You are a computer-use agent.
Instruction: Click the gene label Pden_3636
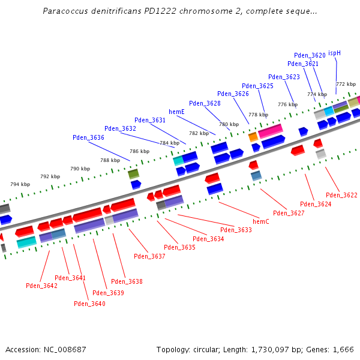[x=88, y=137]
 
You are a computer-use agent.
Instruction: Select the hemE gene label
[x=176, y=112]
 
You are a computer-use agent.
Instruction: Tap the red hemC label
[x=261, y=221]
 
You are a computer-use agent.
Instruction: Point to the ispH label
[x=334, y=53]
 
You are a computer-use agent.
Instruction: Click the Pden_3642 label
[x=41, y=286]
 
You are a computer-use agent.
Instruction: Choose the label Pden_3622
[x=341, y=195]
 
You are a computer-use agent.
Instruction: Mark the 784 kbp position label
[x=169, y=143]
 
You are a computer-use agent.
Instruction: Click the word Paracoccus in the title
[x=62, y=11]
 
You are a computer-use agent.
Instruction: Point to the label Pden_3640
[x=89, y=304]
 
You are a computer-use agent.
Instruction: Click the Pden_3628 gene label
[x=205, y=103]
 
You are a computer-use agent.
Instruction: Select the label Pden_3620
[x=310, y=55]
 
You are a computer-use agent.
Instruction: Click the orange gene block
[x=253, y=137]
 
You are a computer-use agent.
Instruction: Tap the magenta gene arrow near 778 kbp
[x=271, y=130]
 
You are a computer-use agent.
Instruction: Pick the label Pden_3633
[x=236, y=230]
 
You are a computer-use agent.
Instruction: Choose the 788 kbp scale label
[x=110, y=160]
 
